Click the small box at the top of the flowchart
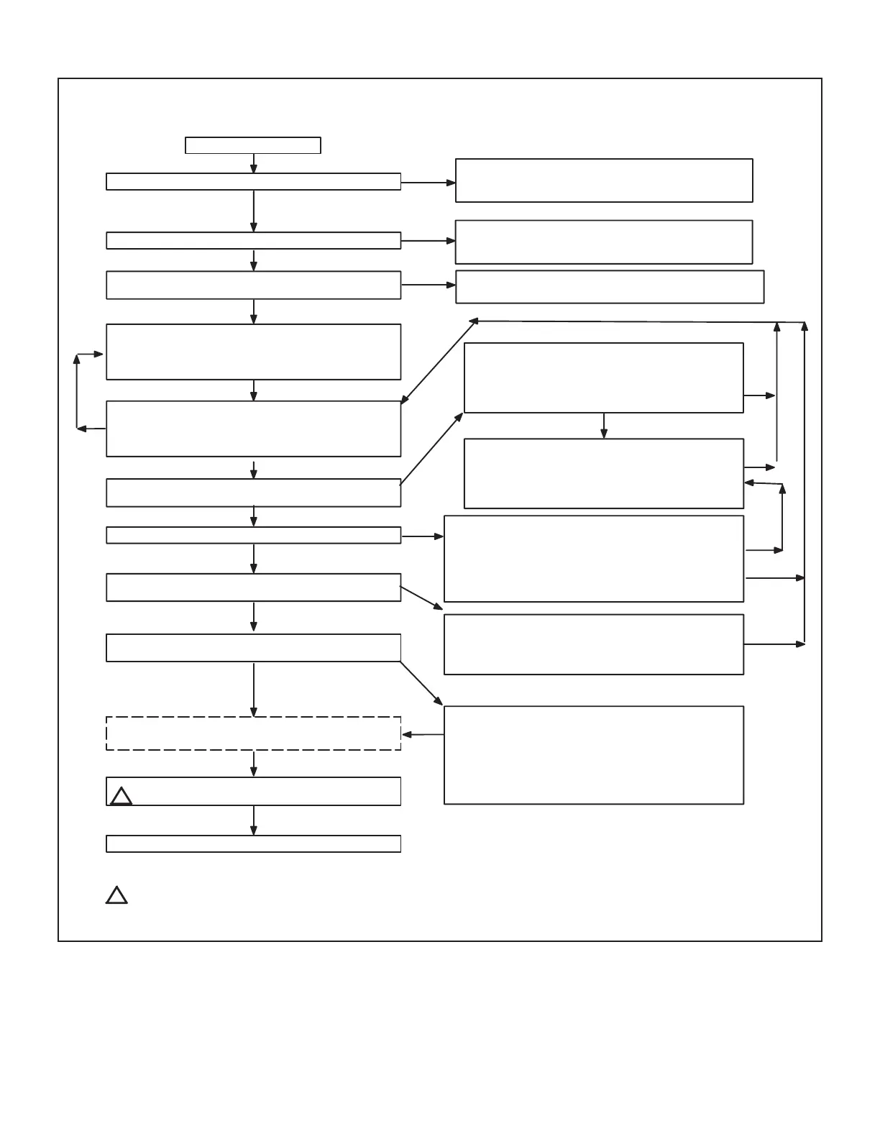click(252, 145)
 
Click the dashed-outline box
click(253, 733)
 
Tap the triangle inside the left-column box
click(122, 796)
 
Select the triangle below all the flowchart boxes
click(116, 895)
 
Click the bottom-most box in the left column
click(253, 844)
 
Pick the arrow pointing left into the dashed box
click(423, 735)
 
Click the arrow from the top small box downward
click(254, 163)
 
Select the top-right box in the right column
click(604, 180)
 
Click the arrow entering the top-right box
click(428, 183)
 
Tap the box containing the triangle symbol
click(253, 791)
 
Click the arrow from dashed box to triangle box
click(254, 764)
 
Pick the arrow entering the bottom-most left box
click(254, 820)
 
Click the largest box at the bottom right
click(594, 755)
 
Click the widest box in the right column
click(610, 287)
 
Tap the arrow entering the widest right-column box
click(428, 285)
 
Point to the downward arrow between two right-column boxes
click(604, 426)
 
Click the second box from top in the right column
click(604, 242)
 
